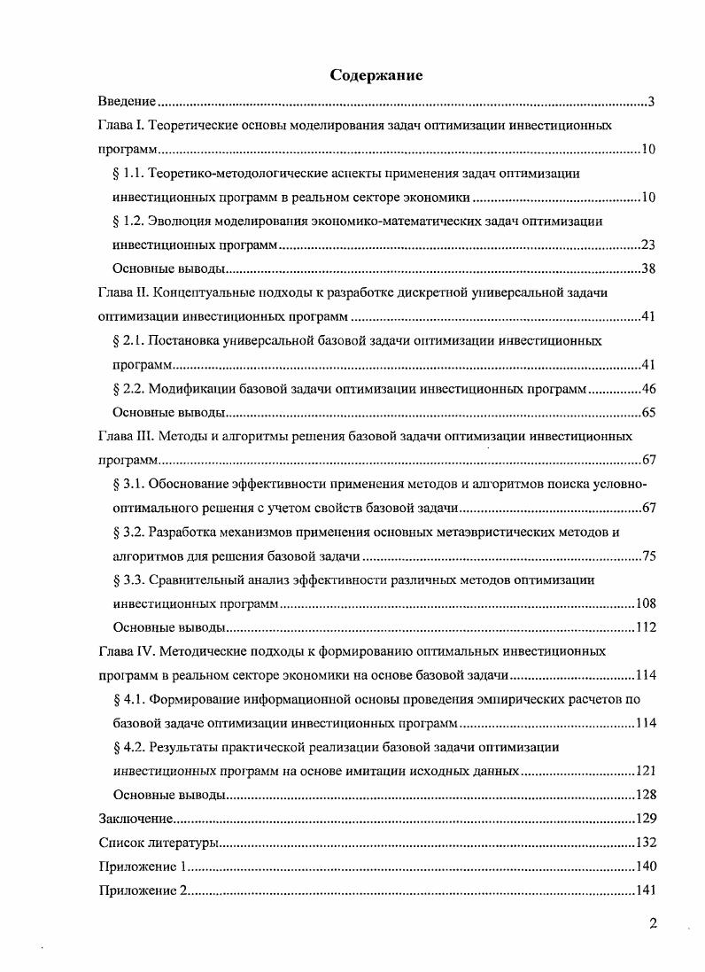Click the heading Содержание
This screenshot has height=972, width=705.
[x=376, y=75]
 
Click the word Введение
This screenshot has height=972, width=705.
[x=128, y=102]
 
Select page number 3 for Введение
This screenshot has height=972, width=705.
[x=651, y=102]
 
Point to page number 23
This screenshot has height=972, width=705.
[x=647, y=245]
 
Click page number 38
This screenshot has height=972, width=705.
[x=647, y=268]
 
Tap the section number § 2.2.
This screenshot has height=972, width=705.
[x=130, y=388]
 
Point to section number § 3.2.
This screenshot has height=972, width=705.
[x=130, y=532]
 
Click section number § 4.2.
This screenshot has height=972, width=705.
[x=130, y=747]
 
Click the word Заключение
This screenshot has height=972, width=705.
[x=135, y=819]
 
